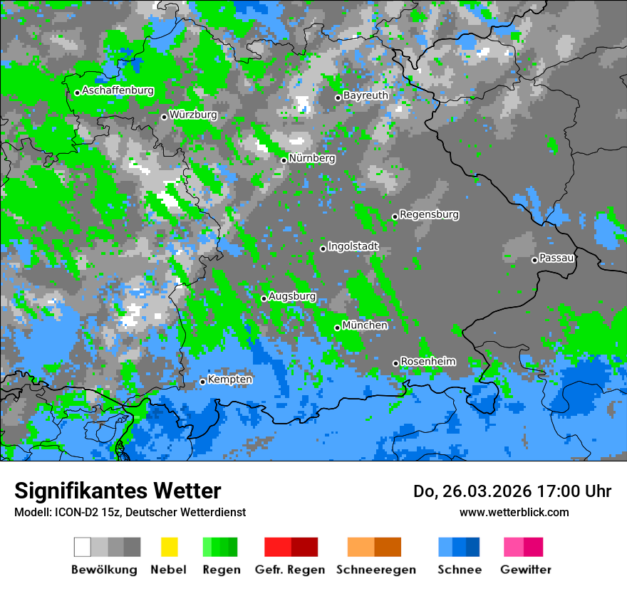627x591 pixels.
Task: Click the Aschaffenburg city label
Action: point(118,90)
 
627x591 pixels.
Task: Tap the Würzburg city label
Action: point(193,115)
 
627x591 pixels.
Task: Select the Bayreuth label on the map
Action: point(366,95)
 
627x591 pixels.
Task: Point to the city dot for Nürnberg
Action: point(284,160)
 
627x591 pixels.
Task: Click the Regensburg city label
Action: point(429,214)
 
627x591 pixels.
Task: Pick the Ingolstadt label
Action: point(353,246)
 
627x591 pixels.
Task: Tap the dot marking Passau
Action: point(534,260)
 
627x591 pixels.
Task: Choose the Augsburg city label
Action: point(292,296)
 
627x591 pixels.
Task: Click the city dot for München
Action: point(337,328)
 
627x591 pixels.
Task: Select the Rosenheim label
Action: point(427,361)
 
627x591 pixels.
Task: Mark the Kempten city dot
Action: point(202,382)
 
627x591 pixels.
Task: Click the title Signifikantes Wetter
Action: point(118,491)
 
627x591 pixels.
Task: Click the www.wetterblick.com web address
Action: point(514,512)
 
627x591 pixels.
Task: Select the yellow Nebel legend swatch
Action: point(169,547)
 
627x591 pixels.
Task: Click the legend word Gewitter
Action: point(526,570)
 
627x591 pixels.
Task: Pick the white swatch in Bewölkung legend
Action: point(83,547)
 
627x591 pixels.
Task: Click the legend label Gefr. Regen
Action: point(289,570)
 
